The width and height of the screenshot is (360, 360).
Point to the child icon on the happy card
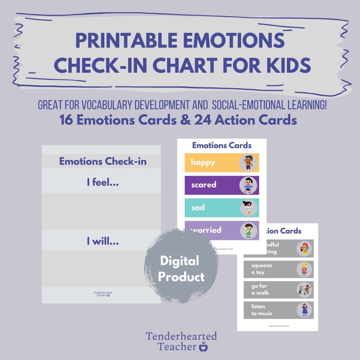coord(248,162)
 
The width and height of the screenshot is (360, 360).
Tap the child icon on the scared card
coord(248,185)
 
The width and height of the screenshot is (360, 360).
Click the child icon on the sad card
coord(248,208)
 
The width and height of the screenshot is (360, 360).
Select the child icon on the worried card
coord(248,230)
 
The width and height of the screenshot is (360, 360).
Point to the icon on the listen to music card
coord(304,310)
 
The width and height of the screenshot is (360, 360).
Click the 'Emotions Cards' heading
coord(222,145)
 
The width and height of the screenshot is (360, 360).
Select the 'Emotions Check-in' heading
coord(103,161)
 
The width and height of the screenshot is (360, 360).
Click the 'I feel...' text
coord(103,182)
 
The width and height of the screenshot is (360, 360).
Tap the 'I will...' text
coord(103,242)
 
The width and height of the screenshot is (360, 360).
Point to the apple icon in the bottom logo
coord(204,347)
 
